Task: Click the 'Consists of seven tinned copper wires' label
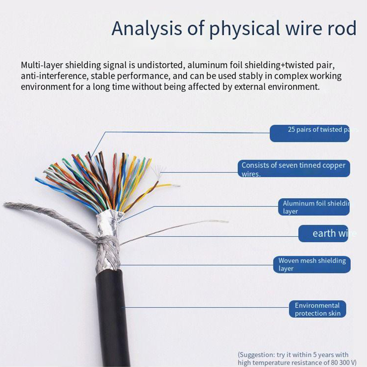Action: coord(294,169)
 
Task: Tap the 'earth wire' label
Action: coord(328,234)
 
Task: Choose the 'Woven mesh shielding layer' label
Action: coord(312,264)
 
